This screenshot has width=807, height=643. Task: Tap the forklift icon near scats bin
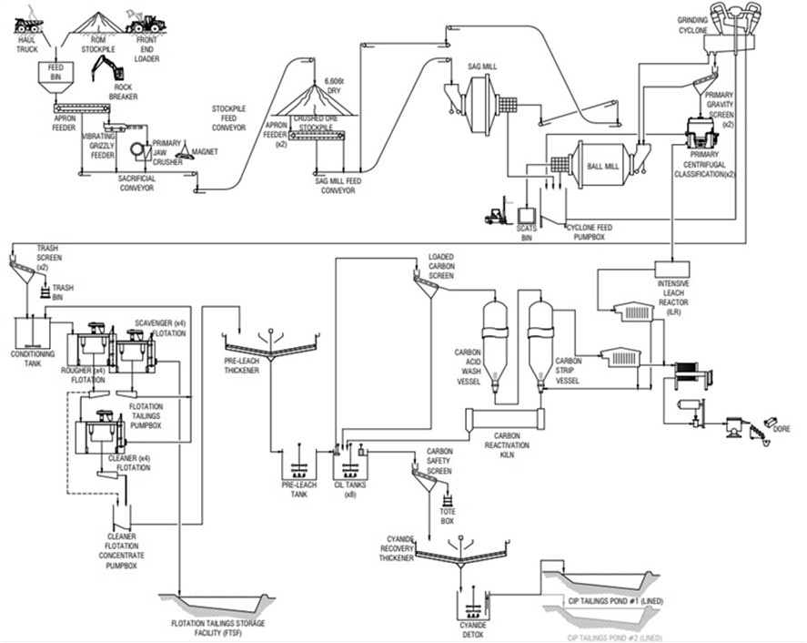click(x=497, y=214)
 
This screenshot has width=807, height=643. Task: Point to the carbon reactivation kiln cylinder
click(x=502, y=419)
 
